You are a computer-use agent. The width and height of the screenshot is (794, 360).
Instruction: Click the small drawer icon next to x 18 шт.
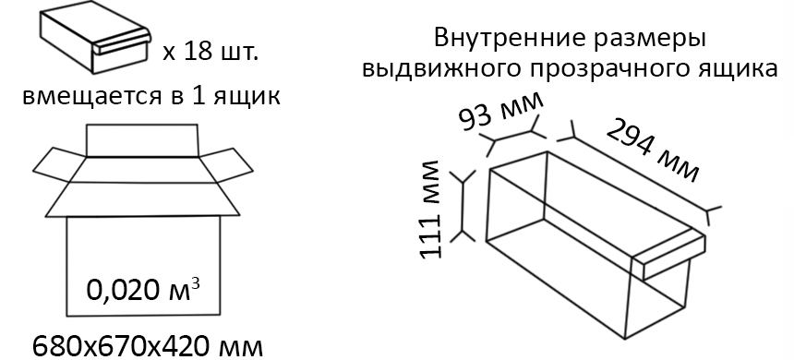[93, 42]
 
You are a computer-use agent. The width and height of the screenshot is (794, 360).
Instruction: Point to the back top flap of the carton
[141, 139]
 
